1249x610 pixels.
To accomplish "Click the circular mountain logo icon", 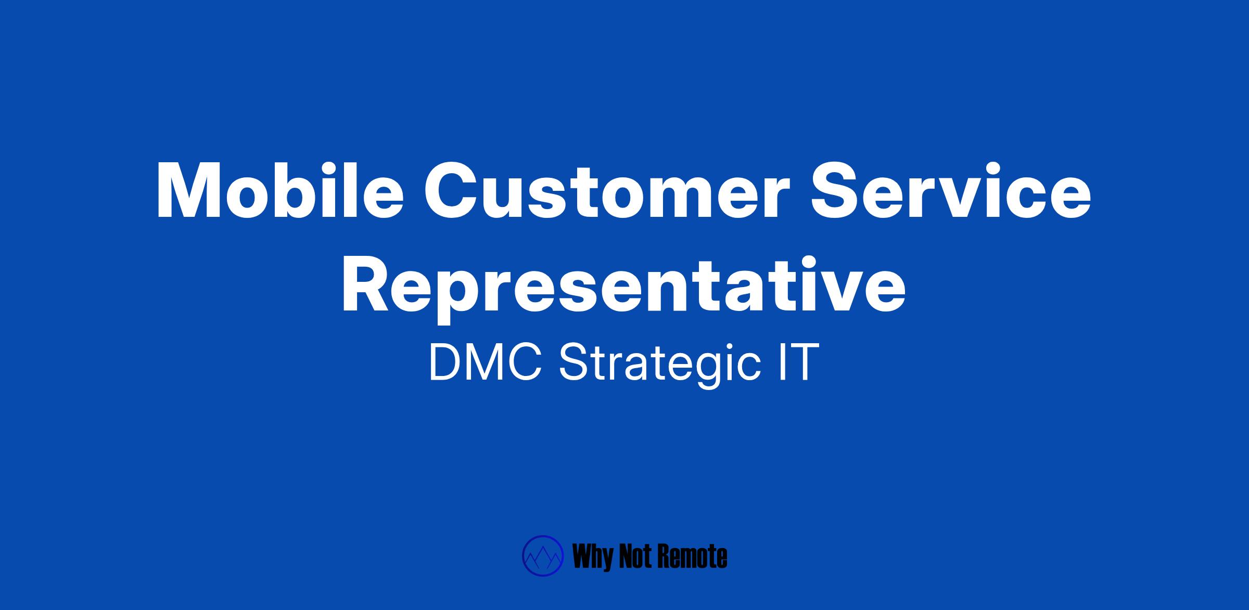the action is pyautogui.click(x=543, y=556).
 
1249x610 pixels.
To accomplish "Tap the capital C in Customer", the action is pyautogui.click(x=452, y=191).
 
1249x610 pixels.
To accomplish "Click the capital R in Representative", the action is pyautogui.click(x=366, y=284).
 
